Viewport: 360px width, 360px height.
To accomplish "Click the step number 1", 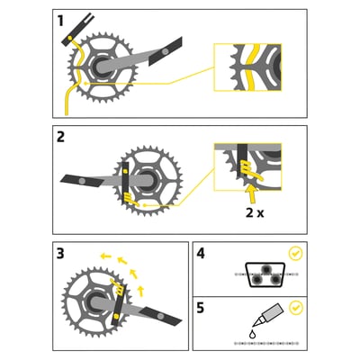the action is [60, 22].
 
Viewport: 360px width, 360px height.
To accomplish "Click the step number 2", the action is [60, 138].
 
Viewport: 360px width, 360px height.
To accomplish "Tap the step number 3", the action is [60, 254].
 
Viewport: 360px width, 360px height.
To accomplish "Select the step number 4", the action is [201, 254].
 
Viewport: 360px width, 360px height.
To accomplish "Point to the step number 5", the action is [201, 308].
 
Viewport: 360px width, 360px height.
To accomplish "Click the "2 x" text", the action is [255, 212].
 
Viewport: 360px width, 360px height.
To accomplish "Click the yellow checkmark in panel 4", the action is [295, 254].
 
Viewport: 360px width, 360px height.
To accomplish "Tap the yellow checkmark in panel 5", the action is [296, 308].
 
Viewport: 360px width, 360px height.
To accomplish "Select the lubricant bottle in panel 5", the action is [267, 315].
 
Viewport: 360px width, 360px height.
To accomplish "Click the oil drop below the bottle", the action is [253, 334].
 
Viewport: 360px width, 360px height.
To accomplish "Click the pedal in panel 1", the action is [166, 51].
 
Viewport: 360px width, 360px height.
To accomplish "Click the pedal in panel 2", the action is [82, 181].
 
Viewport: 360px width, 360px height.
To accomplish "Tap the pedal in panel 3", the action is [160, 316].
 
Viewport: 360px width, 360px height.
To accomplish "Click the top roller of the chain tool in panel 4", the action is [265, 269].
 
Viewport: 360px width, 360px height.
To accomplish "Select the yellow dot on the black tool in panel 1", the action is [69, 38].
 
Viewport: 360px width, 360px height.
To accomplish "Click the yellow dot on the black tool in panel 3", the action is [116, 315].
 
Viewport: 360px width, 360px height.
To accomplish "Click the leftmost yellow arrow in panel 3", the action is [105, 256].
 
